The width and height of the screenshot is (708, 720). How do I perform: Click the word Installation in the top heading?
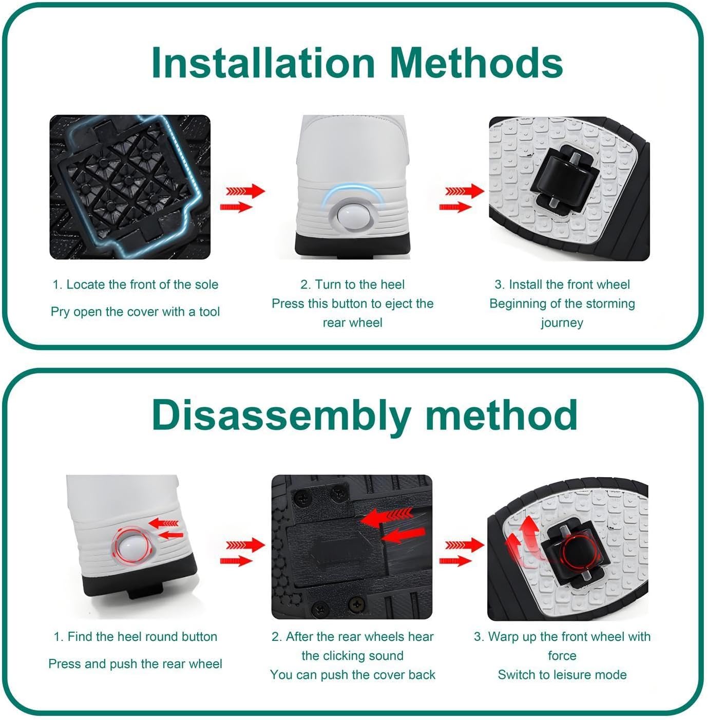(x=263, y=63)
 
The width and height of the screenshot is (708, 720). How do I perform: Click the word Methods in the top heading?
(x=476, y=63)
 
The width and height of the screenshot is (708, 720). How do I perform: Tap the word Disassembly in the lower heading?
(x=281, y=415)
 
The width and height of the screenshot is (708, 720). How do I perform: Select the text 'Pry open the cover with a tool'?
(x=135, y=312)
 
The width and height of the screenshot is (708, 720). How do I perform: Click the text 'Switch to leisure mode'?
(x=562, y=675)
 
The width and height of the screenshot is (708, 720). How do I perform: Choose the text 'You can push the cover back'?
(x=353, y=675)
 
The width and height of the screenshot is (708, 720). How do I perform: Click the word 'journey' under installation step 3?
(x=562, y=323)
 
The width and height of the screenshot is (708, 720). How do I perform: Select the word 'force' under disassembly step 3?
(x=562, y=656)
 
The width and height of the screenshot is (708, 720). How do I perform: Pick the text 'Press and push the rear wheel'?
(x=135, y=664)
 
